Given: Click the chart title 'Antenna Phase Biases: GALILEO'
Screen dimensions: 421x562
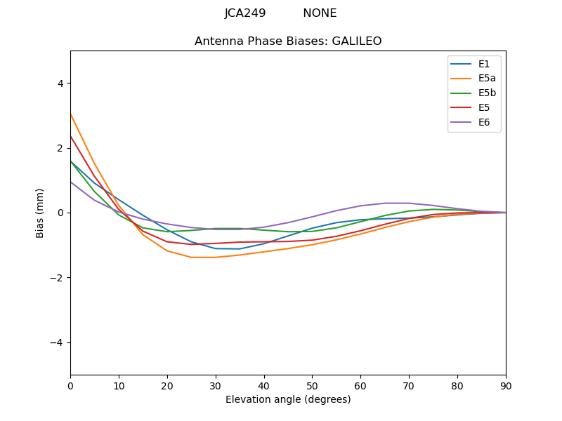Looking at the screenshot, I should pos(288,41).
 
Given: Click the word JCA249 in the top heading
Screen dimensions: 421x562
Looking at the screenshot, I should pos(245,13).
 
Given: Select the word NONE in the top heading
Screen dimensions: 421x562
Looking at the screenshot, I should pos(320,13).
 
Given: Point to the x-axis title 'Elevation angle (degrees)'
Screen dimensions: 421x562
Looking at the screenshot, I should pos(288,400).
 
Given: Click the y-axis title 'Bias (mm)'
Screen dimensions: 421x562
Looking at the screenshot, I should pos(41,213).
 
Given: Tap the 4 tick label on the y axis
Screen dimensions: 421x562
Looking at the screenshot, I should pos(60,83).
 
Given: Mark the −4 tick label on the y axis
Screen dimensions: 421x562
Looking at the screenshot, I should pos(57,342).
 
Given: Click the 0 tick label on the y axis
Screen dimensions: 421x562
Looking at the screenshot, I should pos(60,213).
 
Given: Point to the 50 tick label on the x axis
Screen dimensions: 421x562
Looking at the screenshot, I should pos(312,385).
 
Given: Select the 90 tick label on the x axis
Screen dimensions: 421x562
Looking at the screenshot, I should pos(506,385).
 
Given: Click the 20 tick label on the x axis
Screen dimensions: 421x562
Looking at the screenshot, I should pos(167,385).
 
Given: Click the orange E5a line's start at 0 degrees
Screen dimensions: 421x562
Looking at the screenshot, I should pos(71,114).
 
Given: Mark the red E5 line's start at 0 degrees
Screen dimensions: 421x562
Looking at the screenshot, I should pos(71,137).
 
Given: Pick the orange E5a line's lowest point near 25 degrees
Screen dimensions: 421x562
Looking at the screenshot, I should pos(191,258).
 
